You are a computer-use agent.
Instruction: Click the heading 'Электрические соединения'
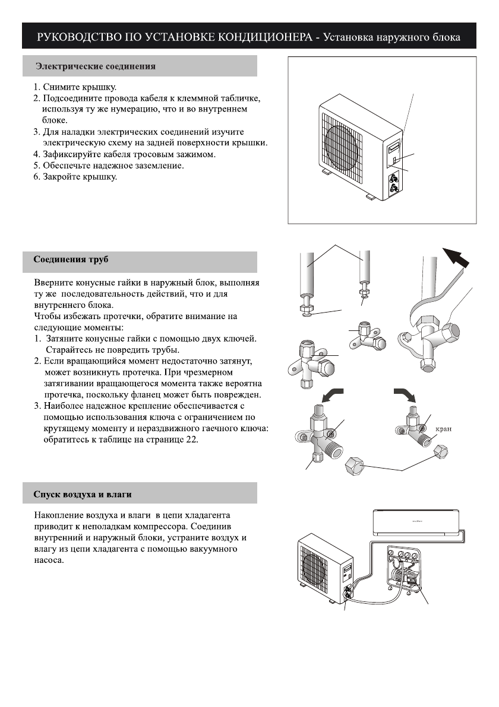click(x=96, y=66)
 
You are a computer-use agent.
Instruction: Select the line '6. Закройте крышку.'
click(x=75, y=177)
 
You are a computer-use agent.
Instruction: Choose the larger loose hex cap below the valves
click(x=356, y=469)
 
